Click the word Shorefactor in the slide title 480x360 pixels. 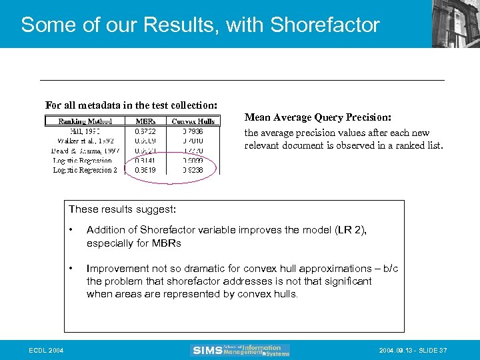tap(325, 25)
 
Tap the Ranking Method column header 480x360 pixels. tap(85, 121)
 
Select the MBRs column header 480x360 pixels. tap(146, 121)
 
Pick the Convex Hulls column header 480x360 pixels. tap(193, 121)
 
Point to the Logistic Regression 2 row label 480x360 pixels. tap(85, 170)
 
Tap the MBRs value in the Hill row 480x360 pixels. tap(146, 131)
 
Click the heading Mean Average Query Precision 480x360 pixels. tap(318, 117)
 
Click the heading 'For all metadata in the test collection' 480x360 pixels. tap(131, 105)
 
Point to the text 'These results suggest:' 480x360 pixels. tap(122, 209)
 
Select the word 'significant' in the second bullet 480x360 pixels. tap(347, 281)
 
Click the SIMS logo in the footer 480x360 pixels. tap(240, 350)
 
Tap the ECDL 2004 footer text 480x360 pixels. tap(46, 351)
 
